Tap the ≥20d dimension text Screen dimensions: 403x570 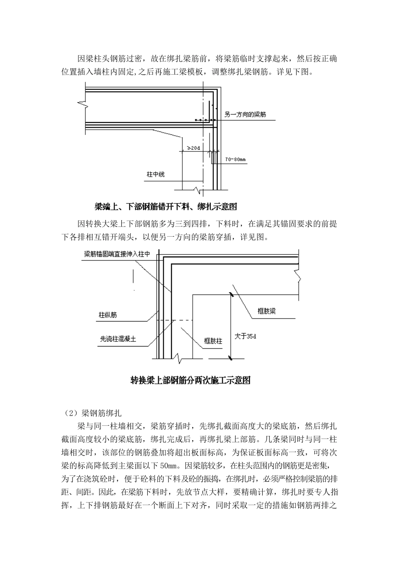[x=193, y=148]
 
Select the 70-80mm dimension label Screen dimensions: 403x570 [x=235, y=159]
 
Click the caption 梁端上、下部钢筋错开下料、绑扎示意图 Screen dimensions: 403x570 [x=165, y=207]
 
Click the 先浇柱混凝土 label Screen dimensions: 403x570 [x=118, y=339]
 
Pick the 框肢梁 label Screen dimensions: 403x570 [x=267, y=311]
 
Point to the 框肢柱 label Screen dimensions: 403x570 [x=213, y=341]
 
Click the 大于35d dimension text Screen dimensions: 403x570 [x=246, y=336]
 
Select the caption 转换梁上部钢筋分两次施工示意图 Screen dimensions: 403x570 [x=190, y=380]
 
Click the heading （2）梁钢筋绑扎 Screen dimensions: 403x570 [x=92, y=412]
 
